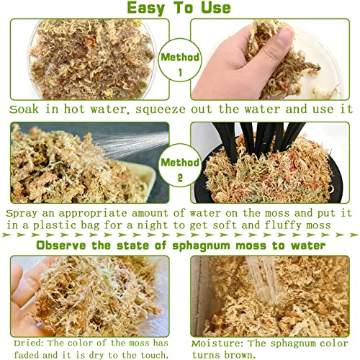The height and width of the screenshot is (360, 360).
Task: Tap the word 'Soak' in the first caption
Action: pyautogui.click(x=24, y=110)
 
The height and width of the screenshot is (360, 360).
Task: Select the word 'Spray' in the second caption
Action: pyautogui.click(x=23, y=214)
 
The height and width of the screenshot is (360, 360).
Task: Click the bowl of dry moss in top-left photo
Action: pyautogui.click(x=86, y=58)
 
